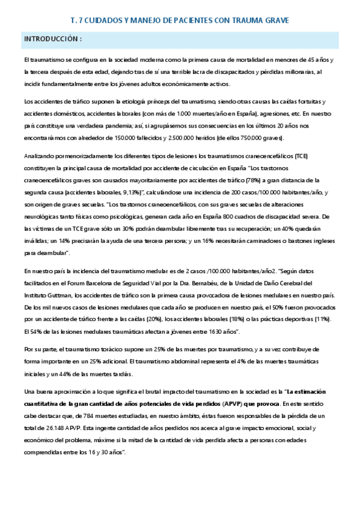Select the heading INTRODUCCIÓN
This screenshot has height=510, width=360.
(52, 40)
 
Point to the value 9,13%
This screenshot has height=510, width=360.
(128, 191)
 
